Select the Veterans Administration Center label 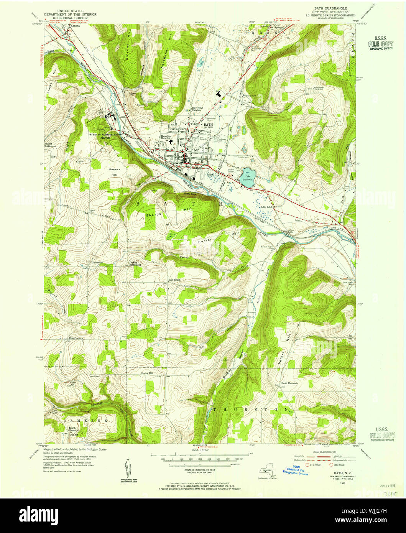[x=105, y=136]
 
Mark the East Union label [x=174, y=280]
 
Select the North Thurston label [x=289, y=383]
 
